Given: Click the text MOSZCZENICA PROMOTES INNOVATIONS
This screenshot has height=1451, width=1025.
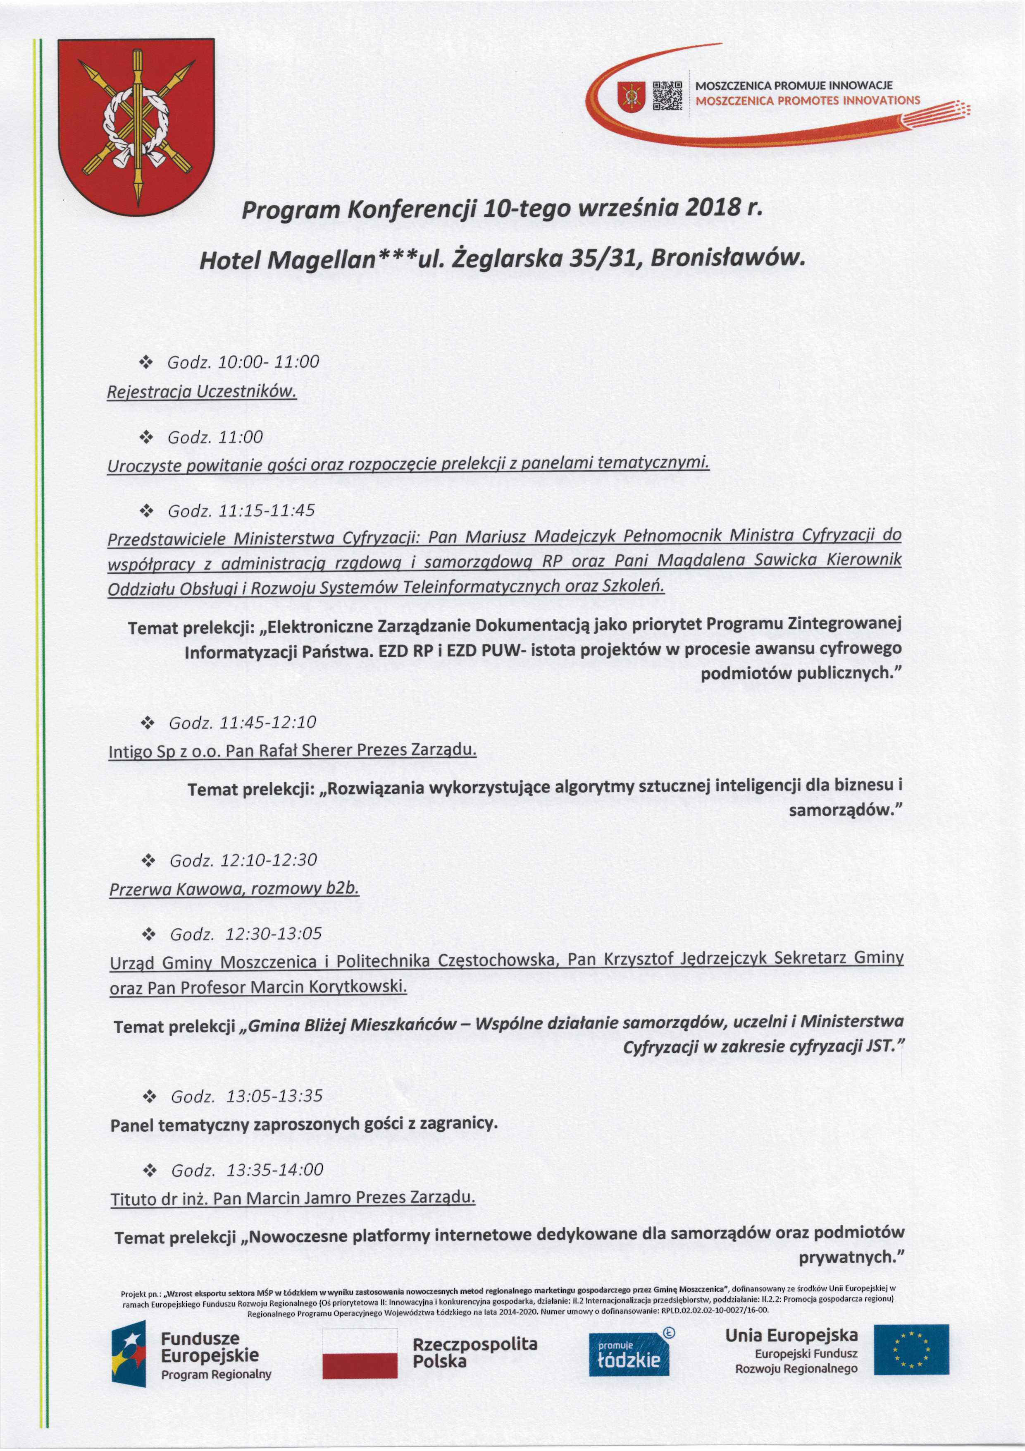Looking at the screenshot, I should coord(808,101).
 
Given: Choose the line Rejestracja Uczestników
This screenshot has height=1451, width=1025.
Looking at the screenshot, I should coord(201,392).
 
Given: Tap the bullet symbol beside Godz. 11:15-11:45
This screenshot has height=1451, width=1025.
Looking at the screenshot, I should coord(147,511).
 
